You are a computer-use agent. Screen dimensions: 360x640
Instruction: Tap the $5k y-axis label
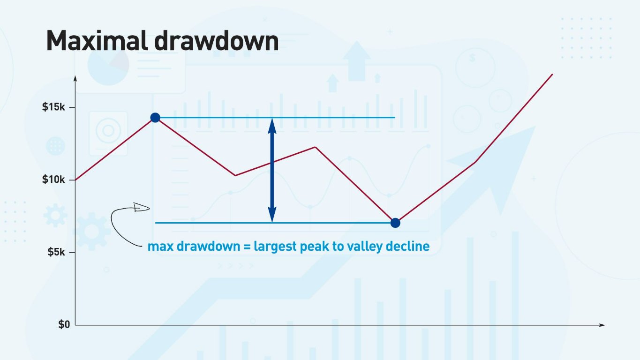coord(57,252)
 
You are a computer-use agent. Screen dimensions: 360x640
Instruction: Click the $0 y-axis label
coord(64,324)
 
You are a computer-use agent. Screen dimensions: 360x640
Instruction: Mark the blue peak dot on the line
coord(155,117)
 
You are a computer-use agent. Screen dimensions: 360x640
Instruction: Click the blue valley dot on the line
coord(395,223)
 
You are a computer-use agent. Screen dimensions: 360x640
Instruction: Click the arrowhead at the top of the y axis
coord(75,78)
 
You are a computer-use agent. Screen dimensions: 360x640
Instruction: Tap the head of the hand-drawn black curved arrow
coord(142,208)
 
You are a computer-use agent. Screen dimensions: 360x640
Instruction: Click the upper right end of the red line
coord(552,74)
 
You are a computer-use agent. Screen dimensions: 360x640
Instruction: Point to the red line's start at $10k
coord(76,180)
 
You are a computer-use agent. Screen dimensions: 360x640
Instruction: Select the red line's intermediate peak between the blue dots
coord(315,147)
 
